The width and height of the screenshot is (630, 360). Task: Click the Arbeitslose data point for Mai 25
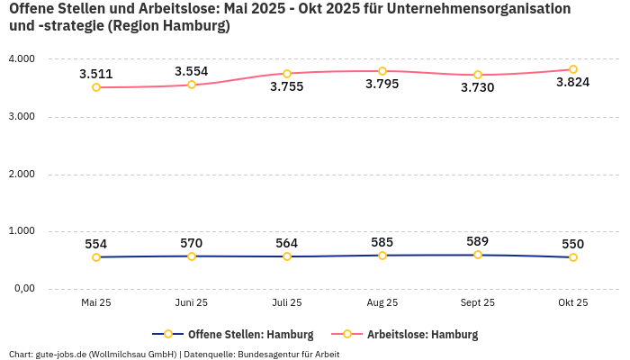(x=96, y=87)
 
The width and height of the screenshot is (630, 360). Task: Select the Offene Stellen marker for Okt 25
(x=572, y=257)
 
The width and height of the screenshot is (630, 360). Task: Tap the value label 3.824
(x=572, y=83)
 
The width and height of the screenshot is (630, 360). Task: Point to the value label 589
(x=478, y=241)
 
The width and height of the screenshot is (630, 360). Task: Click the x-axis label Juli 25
(x=287, y=303)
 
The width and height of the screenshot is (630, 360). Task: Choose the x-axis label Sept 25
(x=478, y=303)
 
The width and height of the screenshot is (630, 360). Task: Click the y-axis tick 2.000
(x=21, y=174)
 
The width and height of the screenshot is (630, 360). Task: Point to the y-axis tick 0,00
(x=22, y=289)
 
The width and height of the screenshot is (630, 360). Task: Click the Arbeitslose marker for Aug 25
(x=382, y=71)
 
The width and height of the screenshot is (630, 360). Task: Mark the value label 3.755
(x=287, y=87)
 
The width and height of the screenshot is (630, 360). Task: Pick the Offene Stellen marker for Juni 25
(x=192, y=256)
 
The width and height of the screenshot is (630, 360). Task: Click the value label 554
(x=96, y=244)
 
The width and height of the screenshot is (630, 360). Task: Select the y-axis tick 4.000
(x=21, y=58)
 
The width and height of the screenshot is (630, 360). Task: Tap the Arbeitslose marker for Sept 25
(x=478, y=75)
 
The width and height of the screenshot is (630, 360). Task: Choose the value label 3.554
(x=192, y=71)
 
